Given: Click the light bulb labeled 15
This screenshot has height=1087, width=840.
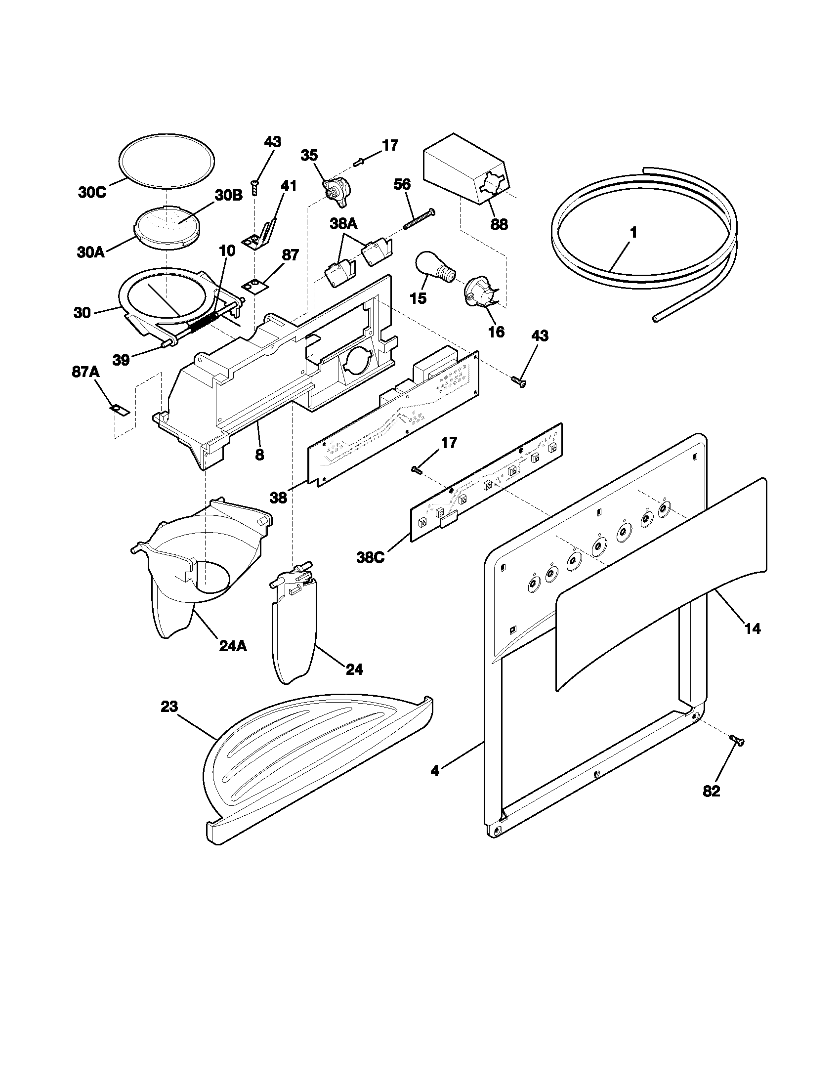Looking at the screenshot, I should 435,269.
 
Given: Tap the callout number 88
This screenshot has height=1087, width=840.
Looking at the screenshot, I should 499,224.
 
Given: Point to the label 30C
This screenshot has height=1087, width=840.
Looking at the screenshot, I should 92,193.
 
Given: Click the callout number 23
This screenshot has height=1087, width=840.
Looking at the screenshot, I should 169,706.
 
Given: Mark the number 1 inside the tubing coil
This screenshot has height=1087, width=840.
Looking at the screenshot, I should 633,232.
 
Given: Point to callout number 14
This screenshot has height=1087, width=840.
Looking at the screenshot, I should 753,628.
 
